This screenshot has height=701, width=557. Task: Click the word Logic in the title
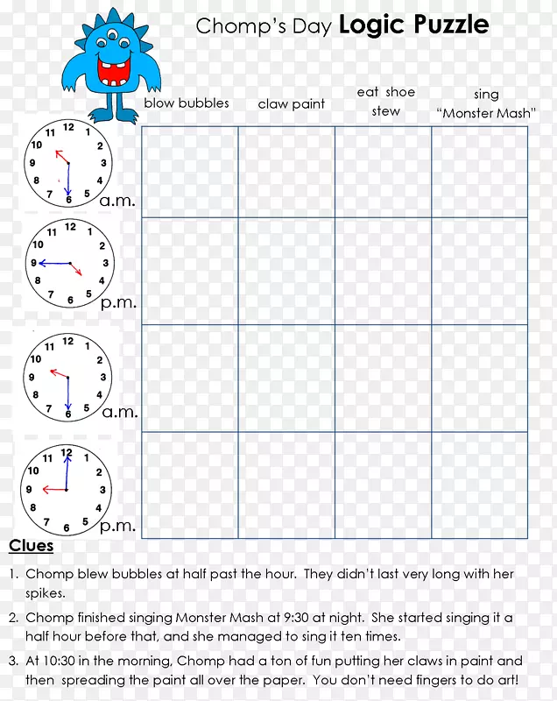[370, 25]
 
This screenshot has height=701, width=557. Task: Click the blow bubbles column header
[187, 103]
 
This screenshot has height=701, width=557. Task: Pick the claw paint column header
[291, 103]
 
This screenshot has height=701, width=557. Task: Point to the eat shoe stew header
[385, 102]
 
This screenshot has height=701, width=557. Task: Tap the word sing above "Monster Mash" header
[486, 95]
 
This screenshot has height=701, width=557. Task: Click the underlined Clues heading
[31, 546]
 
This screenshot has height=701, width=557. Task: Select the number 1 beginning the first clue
[13, 575]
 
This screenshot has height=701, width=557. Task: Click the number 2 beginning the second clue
[13, 619]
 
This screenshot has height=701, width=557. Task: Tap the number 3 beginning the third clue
[13, 662]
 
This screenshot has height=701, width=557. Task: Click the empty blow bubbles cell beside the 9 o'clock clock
[189, 485]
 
